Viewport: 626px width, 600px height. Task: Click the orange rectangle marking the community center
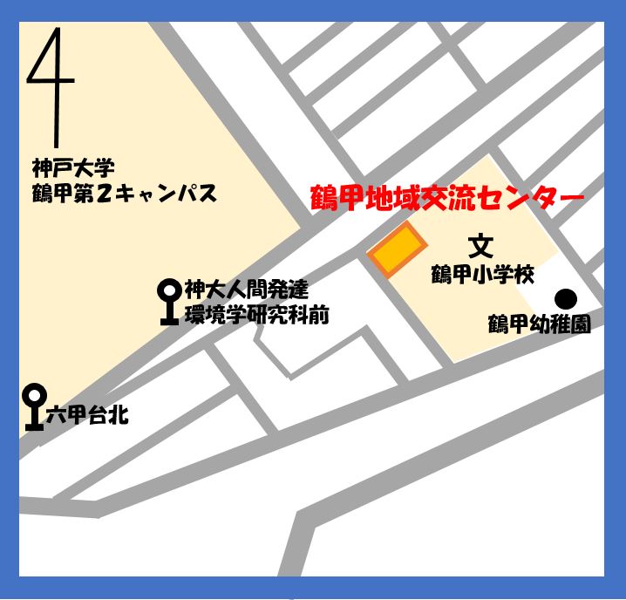point(396,251)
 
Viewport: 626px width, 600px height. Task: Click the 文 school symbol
point(480,247)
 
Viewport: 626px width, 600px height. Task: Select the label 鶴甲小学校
point(482,275)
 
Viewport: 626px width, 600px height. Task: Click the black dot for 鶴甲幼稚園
point(566,298)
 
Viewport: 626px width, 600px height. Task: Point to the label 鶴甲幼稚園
point(539,324)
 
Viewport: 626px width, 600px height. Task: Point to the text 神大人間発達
point(246,290)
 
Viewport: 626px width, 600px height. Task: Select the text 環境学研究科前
point(257,315)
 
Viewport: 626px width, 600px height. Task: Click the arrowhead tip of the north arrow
point(59,31)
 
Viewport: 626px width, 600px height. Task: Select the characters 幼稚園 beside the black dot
point(563,324)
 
